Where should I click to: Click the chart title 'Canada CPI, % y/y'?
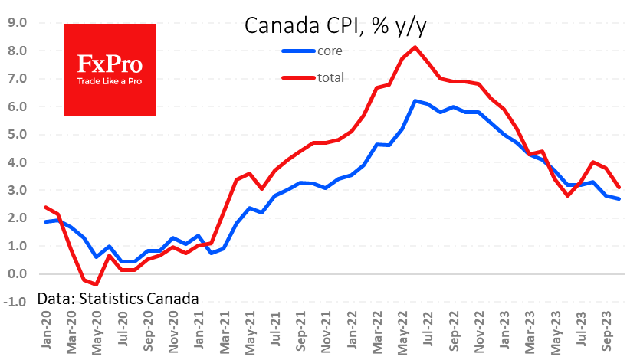pyautogui.click(x=335, y=26)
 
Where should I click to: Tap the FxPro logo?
pyautogui.click(x=109, y=69)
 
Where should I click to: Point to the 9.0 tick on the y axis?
pyautogui.click(x=17, y=23)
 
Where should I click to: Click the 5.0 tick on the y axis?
pyautogui.click(x=17, y=135)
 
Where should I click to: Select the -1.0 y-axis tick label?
pyautogui.click(x=15, y=302)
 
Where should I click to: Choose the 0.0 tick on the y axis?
pyautogui.click(x=17, y=274)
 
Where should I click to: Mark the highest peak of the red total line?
pyautogui.click(x=415, y=47)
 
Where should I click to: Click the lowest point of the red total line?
pyautogui.click(x=97, y=284)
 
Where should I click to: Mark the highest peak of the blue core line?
pyautogui.click(x=415, y=101)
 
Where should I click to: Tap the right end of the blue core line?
pyautogui.click(x=619, y=199)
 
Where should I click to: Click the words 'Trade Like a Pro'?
pyautogui.click(x=109, y=80)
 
